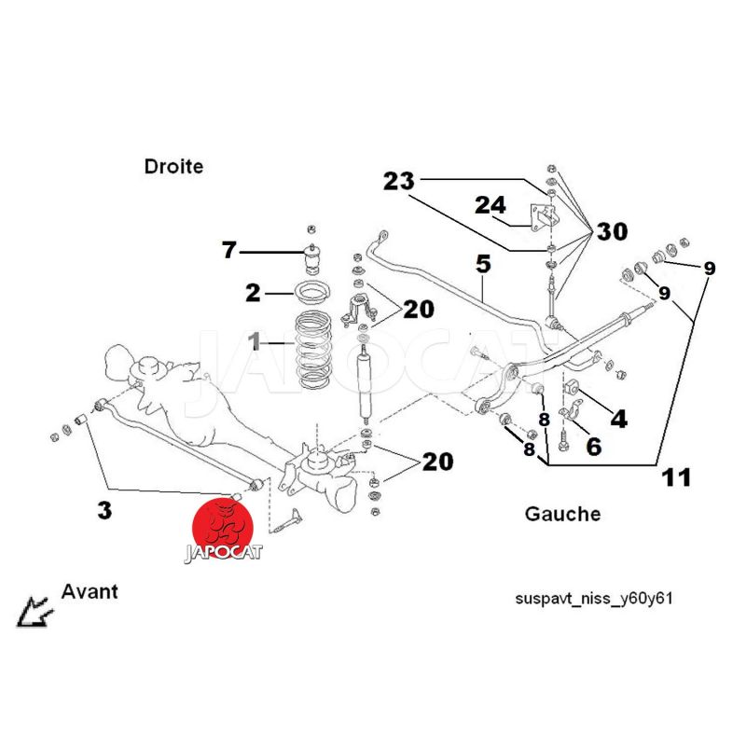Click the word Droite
click(173, 167)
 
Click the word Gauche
click(562, 514)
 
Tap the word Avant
click(90, 591)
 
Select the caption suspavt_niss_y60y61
click(593, 598)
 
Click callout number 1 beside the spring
click(254, 344)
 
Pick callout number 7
click(229, 249)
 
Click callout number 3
click(104, 509)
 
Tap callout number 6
click(593, 447)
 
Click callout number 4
click(618, 417)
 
